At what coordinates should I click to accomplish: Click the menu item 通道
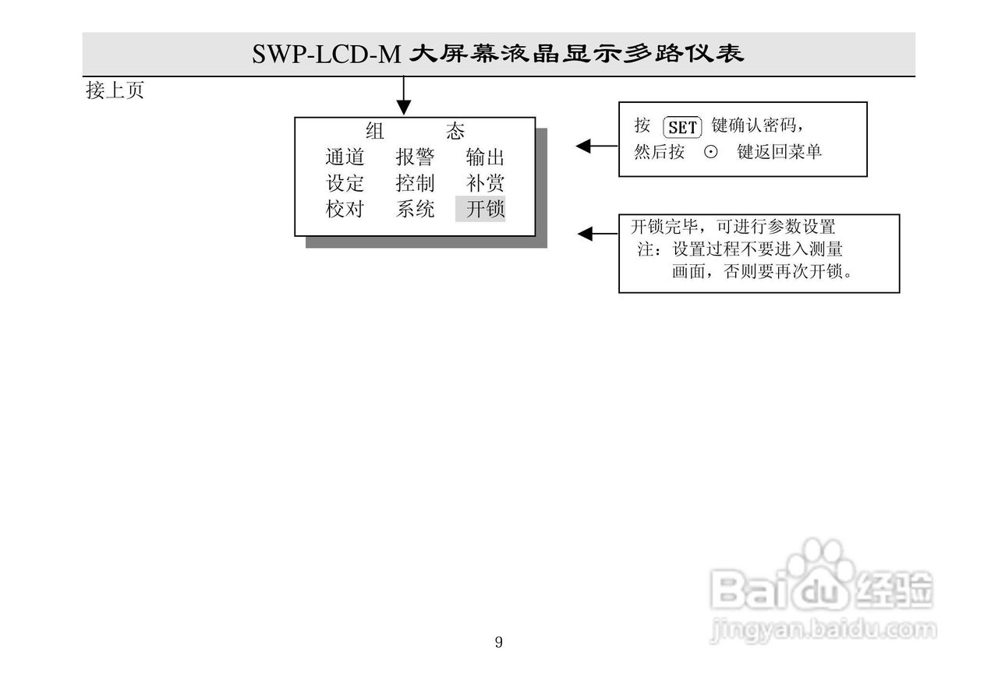[345, 157]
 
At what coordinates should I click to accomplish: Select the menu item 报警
[415, 157]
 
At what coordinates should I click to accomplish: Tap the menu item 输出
[485, 157]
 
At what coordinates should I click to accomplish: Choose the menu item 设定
[345, 183]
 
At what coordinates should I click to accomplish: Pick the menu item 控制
[415, 183]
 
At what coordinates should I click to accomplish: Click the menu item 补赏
[485, 183]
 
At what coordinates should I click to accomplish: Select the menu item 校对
[345, 209]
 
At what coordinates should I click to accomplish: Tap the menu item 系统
[415, 209]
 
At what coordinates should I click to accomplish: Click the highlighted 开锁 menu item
[481, 209]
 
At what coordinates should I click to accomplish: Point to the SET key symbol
[682, 127]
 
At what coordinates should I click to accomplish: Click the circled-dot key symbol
[710, 153]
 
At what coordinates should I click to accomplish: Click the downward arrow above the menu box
[404, 97]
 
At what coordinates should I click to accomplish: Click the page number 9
[499, 642]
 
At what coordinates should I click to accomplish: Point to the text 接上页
[115, 91]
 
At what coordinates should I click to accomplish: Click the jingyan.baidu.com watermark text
[822, 630]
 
